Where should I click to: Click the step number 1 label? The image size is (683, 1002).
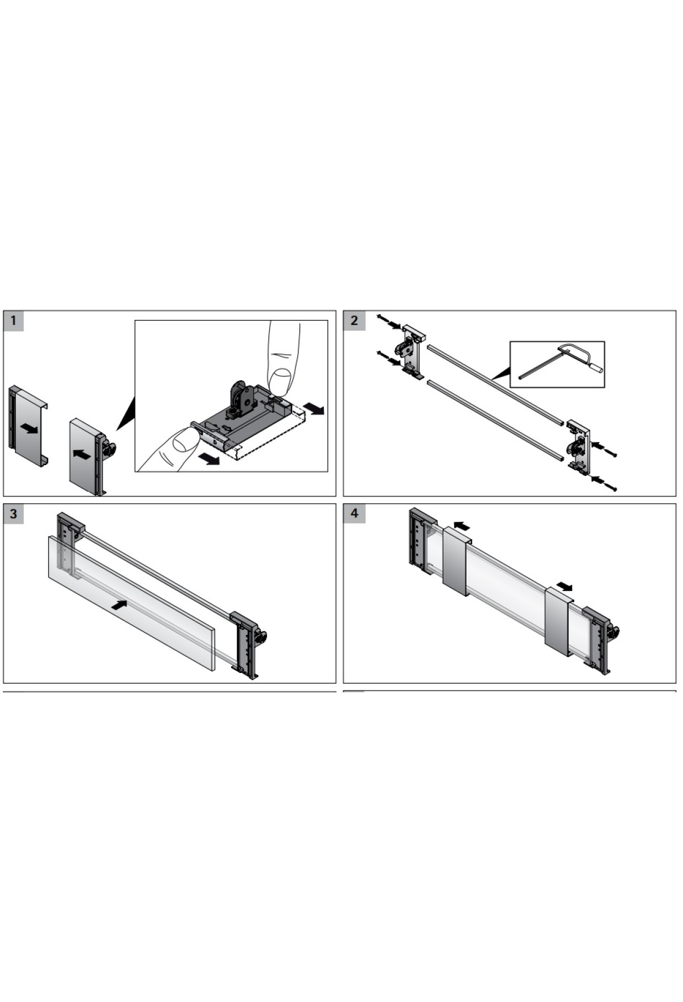point(14,321)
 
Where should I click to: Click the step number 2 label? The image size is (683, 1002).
point(354,321)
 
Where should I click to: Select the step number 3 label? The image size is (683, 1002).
point(14,514)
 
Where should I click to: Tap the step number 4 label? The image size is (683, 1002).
point(354,514)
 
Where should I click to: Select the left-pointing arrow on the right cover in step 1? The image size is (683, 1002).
point(83,454)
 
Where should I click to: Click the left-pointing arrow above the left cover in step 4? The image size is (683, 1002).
point(462,524)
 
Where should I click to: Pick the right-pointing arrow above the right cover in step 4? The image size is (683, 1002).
point(565,586)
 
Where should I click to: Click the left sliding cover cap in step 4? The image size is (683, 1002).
point(456,561)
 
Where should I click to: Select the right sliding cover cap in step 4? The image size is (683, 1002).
point(559,622)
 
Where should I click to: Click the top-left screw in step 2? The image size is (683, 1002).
point(383,320)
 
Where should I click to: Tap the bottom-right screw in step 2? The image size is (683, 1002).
point(610,487)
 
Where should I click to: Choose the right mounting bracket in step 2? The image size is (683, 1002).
point(578,447)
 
